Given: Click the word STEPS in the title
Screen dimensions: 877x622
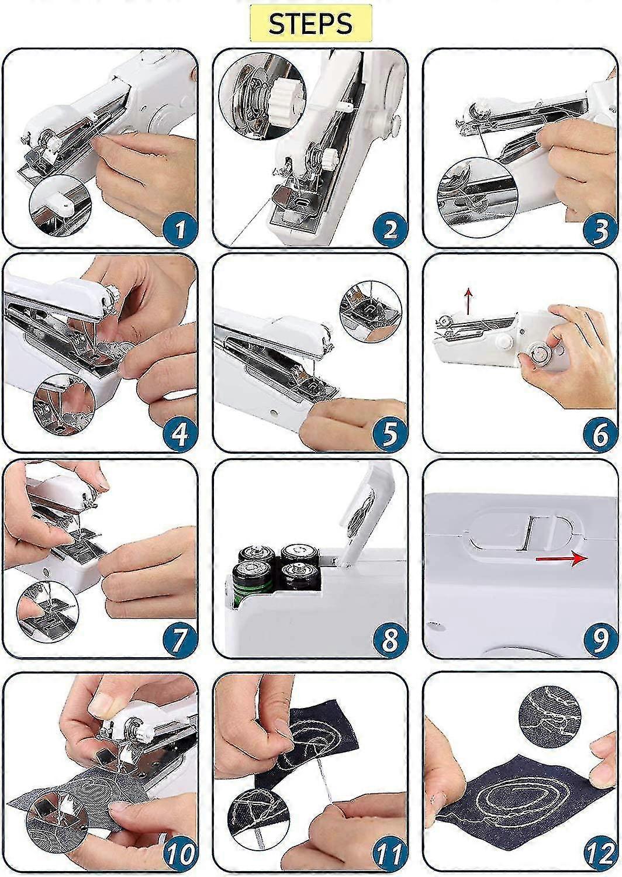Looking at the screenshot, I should (310, 23).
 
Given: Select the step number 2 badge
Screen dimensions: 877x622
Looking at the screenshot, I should (389, 229).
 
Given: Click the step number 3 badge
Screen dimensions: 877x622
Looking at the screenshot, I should (600, 229).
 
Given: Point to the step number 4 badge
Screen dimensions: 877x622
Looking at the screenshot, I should (179, 434).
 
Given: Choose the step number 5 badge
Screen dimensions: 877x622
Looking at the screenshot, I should (389, 434).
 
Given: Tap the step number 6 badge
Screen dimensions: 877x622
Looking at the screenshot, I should (600, 434).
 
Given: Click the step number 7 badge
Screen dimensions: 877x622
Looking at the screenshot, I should (179, 640).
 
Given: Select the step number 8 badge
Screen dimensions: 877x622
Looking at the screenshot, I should (389, 640).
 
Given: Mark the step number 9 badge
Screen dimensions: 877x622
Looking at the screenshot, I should (600, 640).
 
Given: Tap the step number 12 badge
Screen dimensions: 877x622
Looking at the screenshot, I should (599, 854).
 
